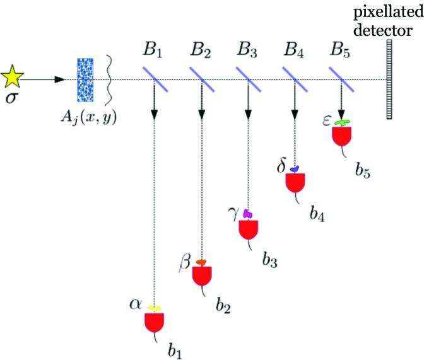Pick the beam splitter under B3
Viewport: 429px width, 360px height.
coord(248,79)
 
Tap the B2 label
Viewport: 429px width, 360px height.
coord(203,49)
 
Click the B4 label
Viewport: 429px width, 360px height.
coord(295,49)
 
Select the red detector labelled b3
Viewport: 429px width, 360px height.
coord(248,228)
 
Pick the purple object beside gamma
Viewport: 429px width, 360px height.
coord(248,214)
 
